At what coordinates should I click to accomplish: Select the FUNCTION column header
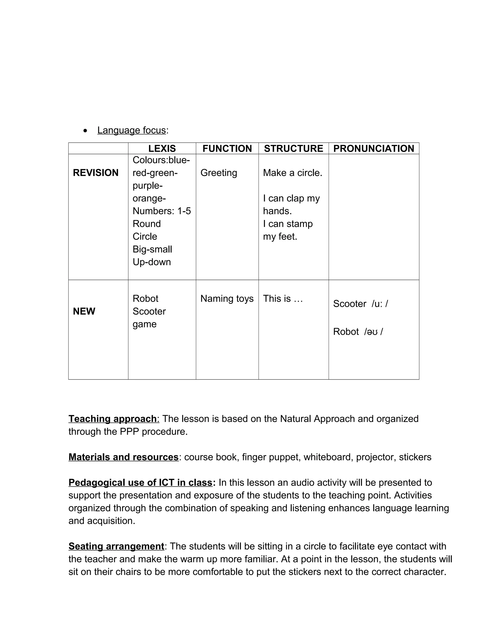coord(227,149)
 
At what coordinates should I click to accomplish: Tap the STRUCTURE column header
coord(294,149)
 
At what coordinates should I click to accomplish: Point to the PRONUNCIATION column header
coord(374,149)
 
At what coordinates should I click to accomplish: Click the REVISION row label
coord(96,173)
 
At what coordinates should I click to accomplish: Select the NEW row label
coord(84,311)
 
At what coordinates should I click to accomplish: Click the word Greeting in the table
coord(219,173)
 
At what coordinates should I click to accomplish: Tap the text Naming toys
coord(227,298)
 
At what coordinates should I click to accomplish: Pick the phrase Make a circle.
coord(293,173)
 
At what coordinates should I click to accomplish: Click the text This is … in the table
coord(283,298)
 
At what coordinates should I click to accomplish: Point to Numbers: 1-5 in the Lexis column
coord(162,211)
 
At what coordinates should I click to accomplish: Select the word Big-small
coord(152,249)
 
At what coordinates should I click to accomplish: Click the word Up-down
coord(152,262)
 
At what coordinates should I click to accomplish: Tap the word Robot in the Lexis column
coord(145,298)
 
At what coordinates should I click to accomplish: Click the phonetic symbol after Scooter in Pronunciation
coord(380,304)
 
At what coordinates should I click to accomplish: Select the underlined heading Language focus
coord(131,130)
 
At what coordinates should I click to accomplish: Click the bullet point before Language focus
coord(85,131)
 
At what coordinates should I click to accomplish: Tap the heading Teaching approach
coord(112,418)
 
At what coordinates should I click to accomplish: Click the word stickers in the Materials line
coord(415,457)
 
